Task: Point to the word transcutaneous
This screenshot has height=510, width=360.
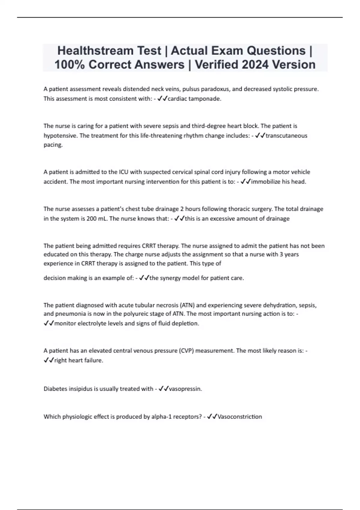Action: pyautogui.click(x=286, y=136)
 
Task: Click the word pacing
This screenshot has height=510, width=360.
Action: pyautogui.click(x=53, y=145)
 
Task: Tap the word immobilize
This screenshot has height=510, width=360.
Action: pyautogui.click(x=265, y=182)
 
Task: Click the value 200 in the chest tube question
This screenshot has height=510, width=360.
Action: pyautogui.click(x=91, y=219)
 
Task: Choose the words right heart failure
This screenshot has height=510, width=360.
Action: pyautogui.click(x=78, y=360)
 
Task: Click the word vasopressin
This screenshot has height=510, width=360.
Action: pyautogui.click(x=185, y=389)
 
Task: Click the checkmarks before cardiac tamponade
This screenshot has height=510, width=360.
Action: pyautogui.click(x=162, y=99)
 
